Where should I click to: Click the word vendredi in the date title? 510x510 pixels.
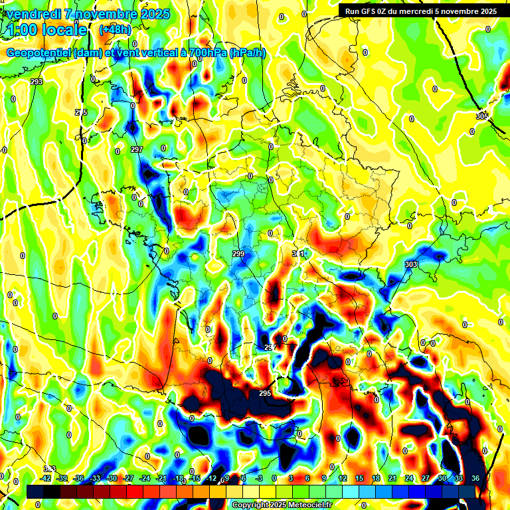click(x=34, y=14)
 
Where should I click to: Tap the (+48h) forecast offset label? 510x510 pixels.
click(x=115, y=29)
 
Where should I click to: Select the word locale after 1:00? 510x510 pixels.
click(x=64, y=30)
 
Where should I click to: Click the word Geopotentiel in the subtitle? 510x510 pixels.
click(x=39, y=52)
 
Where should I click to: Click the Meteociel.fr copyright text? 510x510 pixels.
click(x=300, y=505)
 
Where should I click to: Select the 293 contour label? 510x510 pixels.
click(x=37, y=82)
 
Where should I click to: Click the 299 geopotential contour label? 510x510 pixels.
click(x=239, y=254)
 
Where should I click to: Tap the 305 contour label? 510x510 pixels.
click(x=482, y=116)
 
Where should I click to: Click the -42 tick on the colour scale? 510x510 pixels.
click(x=46, y=478)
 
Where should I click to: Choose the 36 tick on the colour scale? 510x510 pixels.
click(x=475, y=478)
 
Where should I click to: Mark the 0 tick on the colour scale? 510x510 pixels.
click(x=274, y=478)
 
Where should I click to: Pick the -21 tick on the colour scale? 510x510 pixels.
click(x=161, y=478)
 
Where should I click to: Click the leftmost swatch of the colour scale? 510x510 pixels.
click(x=35, y=491)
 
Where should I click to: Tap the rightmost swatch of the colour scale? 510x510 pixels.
click(x=467, y=491)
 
